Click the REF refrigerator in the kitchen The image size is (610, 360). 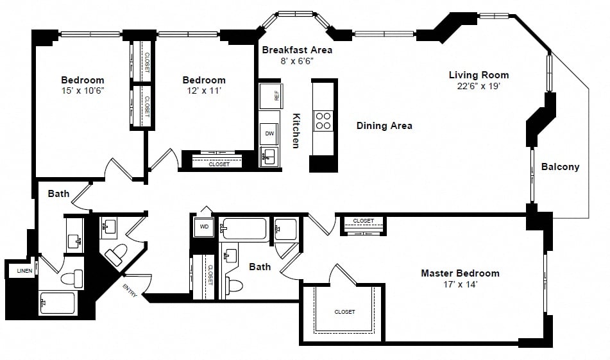pos(271,96)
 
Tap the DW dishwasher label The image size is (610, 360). pos(269,133)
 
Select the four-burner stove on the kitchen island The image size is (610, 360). pos(323,121)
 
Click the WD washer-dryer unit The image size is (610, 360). pos(204,227)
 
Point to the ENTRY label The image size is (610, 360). pos(130,290)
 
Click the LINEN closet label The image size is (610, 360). pos(24,271)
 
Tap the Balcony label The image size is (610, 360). pos(560,167)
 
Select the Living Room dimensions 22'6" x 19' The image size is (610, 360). pos(479,86)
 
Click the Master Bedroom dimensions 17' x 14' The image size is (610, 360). pos(460,284)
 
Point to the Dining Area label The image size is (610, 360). pos(384,126)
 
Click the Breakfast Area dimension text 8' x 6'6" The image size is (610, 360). pos(297,61)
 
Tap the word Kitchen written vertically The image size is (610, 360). pos(296,131)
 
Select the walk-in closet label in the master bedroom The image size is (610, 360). pos(344,312)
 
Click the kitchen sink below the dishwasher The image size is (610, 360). pos(269,157)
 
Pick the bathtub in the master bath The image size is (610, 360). pos(244,229)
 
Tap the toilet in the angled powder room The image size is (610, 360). pos(116,253)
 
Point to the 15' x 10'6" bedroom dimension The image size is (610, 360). pos(83,90)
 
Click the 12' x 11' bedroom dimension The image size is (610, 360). pos(204,90)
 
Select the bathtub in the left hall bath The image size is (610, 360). pos(58,303)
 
